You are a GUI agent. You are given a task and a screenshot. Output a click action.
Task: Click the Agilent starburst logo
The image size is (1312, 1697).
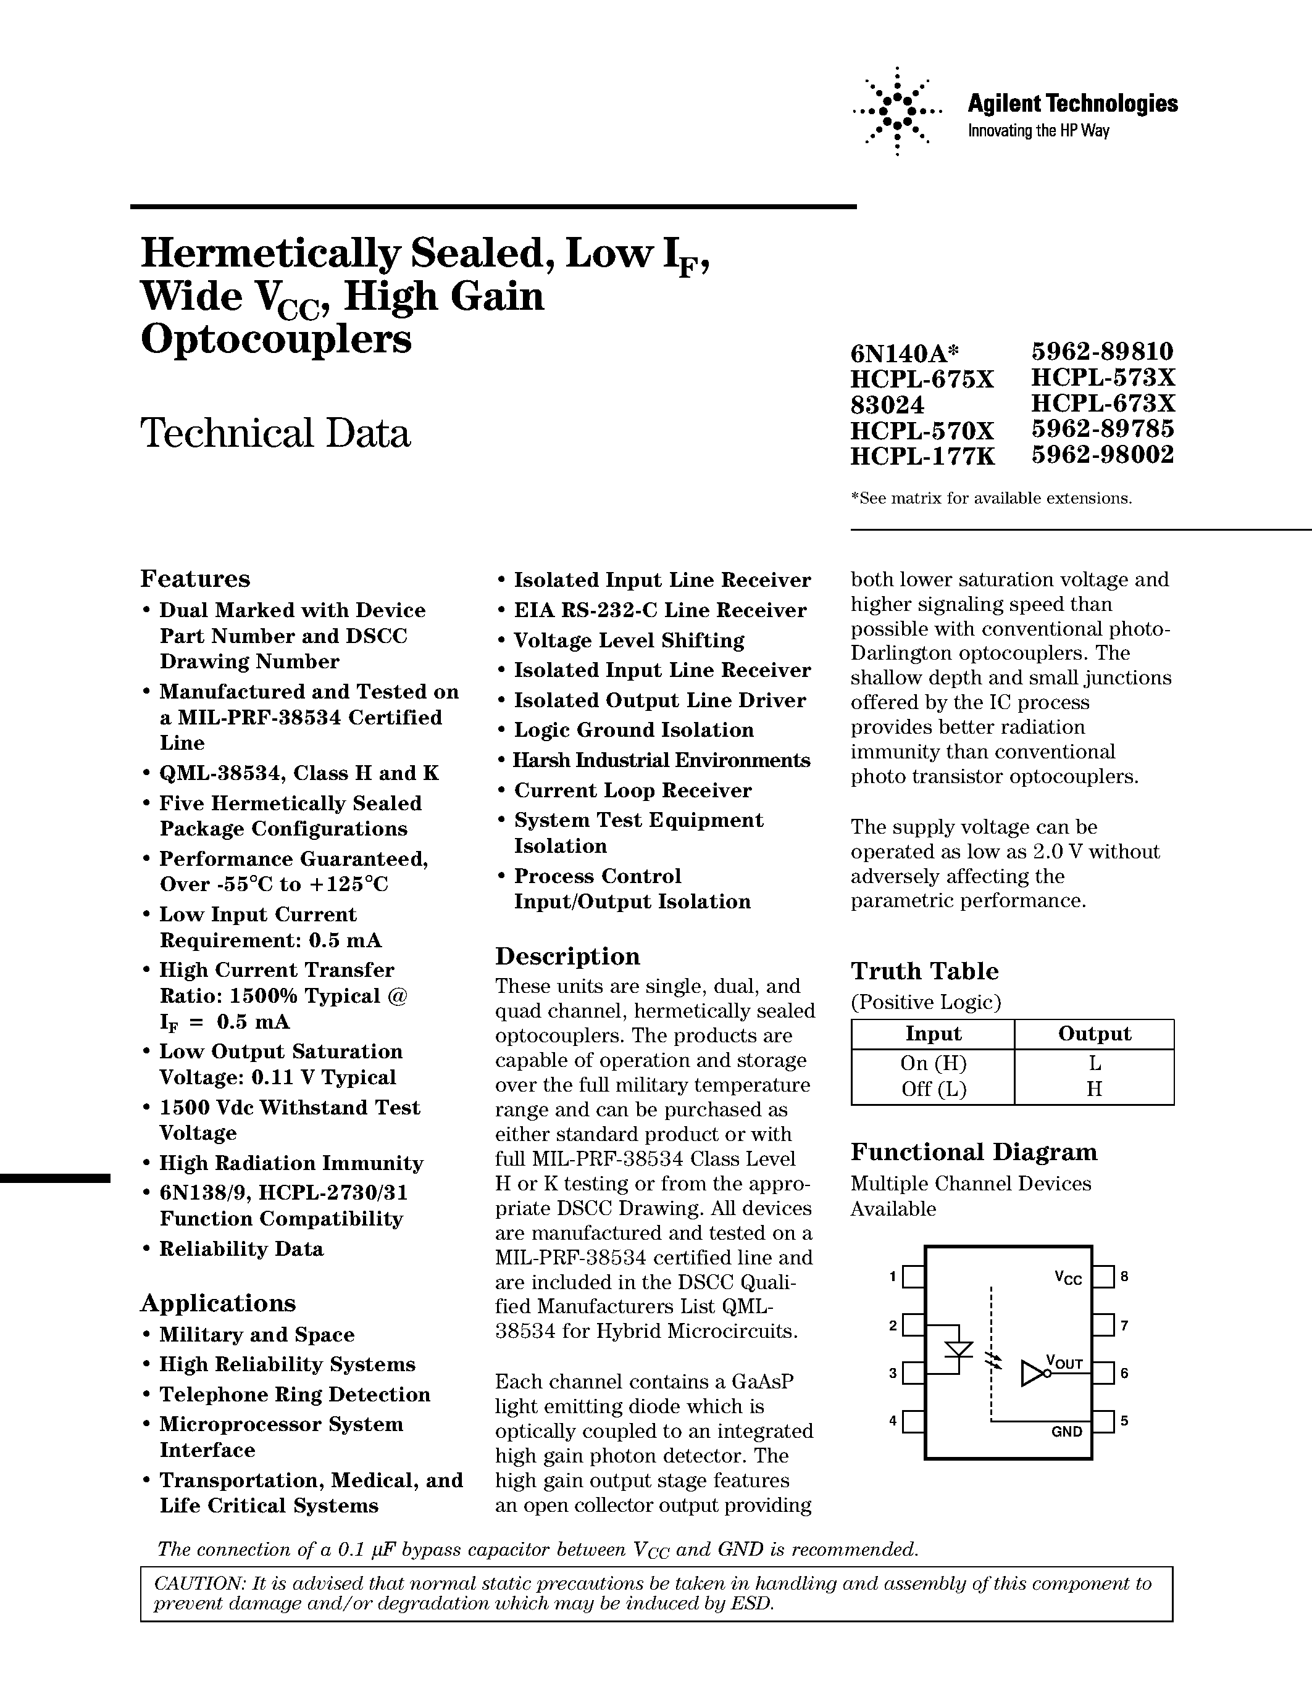tap(897, 112)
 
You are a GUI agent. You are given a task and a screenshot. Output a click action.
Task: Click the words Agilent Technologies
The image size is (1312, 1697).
tap(1072, 103)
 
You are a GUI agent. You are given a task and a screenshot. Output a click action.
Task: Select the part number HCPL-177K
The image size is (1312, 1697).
tap(922, 456)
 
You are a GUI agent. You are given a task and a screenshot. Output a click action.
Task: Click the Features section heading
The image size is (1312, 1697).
tap(195, 579)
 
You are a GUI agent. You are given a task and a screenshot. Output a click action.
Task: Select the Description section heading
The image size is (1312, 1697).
tap(567, 956)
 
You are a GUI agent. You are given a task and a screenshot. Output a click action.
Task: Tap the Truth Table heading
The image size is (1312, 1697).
tap(924, 971)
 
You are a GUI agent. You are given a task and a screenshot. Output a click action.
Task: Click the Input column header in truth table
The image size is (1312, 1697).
tap(933, 1034)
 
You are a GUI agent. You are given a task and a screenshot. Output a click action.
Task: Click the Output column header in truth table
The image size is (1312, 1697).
tap(1093, 1034)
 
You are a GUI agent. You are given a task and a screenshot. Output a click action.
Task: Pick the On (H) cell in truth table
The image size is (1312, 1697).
tap(933, 1063)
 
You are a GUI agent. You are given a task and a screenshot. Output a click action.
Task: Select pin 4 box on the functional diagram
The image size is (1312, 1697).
tap(913, 1421)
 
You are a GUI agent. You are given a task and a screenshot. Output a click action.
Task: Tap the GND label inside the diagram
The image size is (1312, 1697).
tap(1066, 1431)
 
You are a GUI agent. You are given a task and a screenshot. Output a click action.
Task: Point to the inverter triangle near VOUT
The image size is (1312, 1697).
tap(1034, 1373)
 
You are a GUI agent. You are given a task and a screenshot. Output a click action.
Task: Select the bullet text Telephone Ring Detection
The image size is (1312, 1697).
tap(295, 1395)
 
